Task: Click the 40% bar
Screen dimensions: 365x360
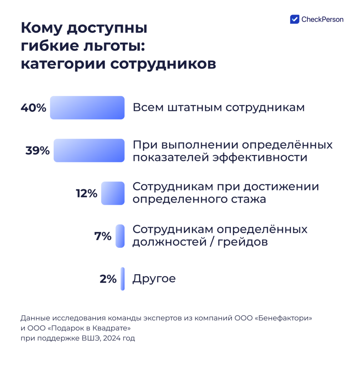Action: pos(87,108)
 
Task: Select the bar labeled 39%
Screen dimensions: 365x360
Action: pos(89,150)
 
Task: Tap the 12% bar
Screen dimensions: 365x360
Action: pos(113,193)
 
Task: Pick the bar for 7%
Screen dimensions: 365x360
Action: pos(120,236)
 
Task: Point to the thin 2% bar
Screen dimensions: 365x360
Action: pos(123,279)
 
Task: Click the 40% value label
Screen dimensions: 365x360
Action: pos(34,108)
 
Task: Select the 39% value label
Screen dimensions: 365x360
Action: pos(37,151)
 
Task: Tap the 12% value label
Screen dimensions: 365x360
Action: pos(86,194)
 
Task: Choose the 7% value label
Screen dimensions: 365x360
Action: pos(103,236)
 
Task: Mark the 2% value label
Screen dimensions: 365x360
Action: pos(108,279)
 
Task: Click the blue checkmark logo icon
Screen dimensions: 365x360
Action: pos(295,19)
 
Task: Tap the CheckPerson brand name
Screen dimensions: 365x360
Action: pos(323,20)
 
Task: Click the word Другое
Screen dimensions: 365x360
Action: pos(154,279)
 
